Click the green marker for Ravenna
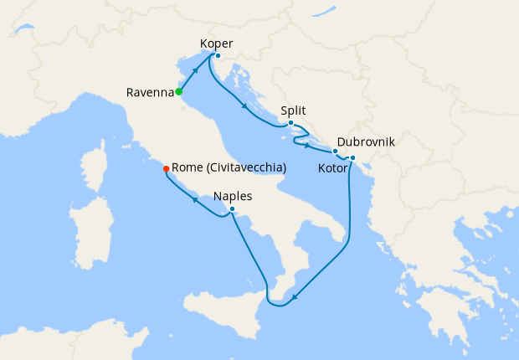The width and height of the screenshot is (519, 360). point(178,91)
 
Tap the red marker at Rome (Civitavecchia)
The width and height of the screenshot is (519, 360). point(166,168)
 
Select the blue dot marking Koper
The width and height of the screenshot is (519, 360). point(217,56)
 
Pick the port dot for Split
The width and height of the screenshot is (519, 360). point(290,123)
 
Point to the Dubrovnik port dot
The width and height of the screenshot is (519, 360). point(335,152)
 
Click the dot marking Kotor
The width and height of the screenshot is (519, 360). point(352,158)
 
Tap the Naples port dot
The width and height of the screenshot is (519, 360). point(231,209)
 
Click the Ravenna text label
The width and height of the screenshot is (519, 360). point(149,91)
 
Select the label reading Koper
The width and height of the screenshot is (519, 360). point(217,43)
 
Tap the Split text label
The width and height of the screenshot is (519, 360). point(294,110)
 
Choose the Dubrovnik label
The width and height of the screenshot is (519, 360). point(366,142)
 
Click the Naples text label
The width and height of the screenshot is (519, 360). point(233,197)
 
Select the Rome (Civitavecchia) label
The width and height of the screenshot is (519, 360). point(229,167)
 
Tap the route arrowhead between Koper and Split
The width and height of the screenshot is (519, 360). point(244,105)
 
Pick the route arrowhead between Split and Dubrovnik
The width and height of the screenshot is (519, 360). point(307,146)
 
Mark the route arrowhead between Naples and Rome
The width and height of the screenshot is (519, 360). point(194,199)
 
